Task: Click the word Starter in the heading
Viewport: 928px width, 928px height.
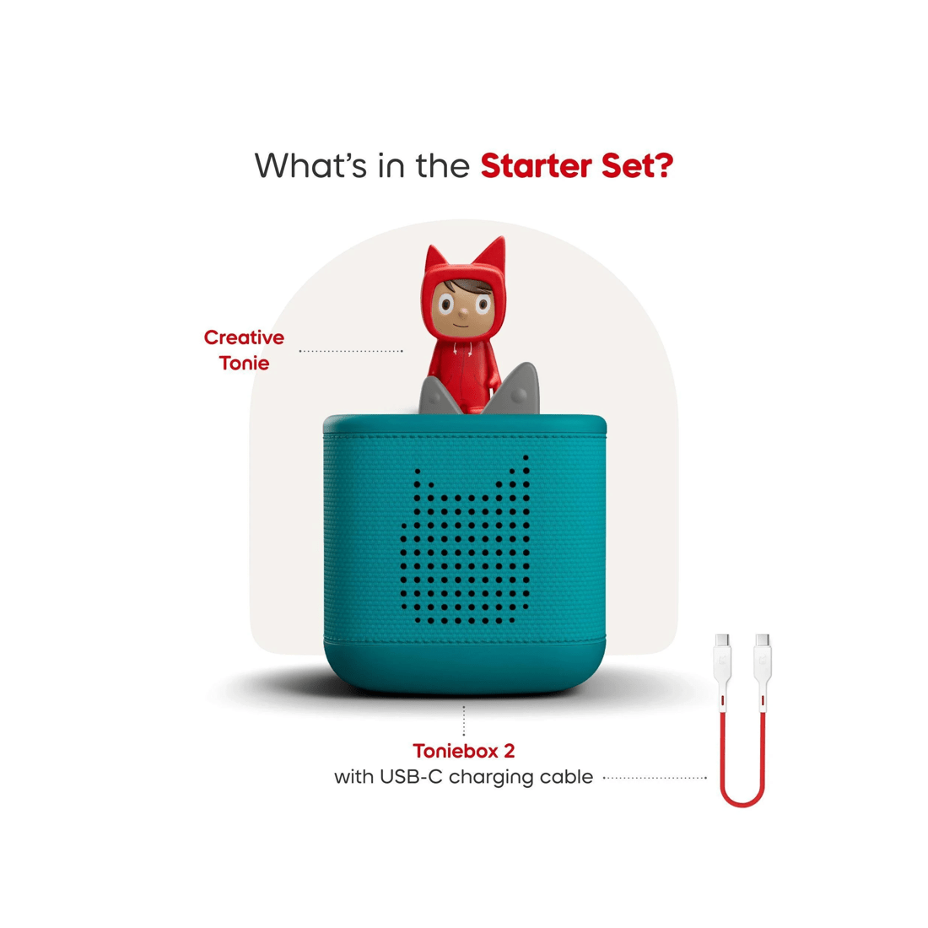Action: coord(537,165)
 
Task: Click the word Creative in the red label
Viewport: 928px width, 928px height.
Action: coord(244,337)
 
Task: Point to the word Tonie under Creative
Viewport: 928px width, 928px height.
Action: coord(244,363)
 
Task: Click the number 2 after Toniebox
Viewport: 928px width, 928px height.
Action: coord(509,751)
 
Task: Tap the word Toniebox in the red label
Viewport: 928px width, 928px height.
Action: coord(455,751)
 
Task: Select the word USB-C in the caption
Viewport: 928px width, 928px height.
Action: coord(412,776)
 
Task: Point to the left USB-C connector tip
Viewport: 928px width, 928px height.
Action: coord(722,639)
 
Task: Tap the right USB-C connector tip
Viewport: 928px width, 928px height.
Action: coord(763,639)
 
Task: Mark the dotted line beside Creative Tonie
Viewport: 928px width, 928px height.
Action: coord(351,351)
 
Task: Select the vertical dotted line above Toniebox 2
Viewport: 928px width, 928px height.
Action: coord(463,720)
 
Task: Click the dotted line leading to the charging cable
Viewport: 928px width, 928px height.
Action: coord(655,778)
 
